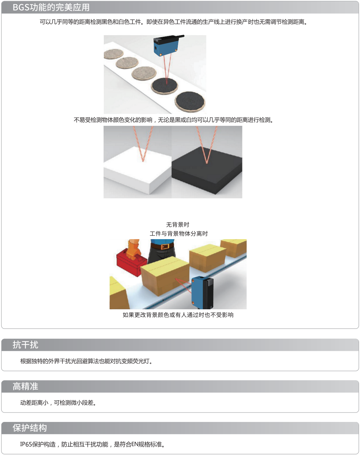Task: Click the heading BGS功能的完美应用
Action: click(x=51, y=7)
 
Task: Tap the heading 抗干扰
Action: click(x=25, y=345)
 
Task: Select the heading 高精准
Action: click(x=25, y=387)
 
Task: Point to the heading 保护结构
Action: click(x=30, y=428)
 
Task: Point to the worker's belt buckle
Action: click(x=165, y=247)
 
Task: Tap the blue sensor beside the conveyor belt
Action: click(x=202, y=293)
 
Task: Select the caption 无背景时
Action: click(x=178, y=225)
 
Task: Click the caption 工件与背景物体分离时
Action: click(x=179, y=234)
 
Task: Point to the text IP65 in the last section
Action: click(x=26, y=445)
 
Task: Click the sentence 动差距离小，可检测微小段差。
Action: click(x=58, y=403)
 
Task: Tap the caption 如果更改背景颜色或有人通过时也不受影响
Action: click(x=178, y=315)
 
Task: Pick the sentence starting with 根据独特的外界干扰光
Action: click(x=87, y=361)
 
